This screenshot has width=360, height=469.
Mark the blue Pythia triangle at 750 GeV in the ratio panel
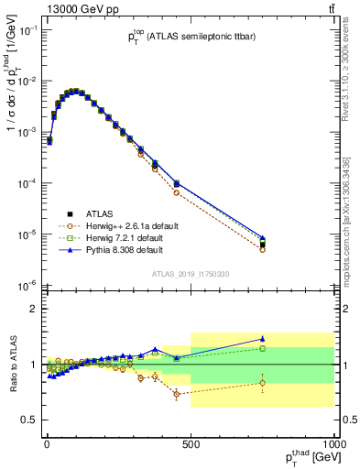(262, 339)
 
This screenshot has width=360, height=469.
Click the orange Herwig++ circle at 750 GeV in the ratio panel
(262, 383)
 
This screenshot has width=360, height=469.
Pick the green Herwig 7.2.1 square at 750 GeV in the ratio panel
(262, 348)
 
